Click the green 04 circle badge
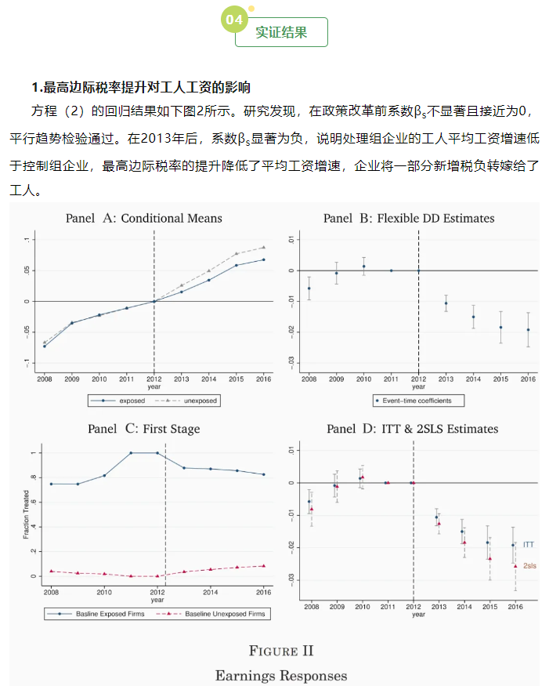pos(234,20)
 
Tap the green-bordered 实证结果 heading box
pos(281,32)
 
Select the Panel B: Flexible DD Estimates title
pos(408,218)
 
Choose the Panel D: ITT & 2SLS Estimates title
pos(412,429)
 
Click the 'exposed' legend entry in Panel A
pos(125,401)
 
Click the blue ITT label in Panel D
pos(529,543)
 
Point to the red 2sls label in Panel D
pos(529,565)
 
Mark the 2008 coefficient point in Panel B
pos(309,288)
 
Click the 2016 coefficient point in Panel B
pos(528,330)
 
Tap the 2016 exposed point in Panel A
pos(263,259)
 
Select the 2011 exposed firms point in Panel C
pos(131,453)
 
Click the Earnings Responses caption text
pos(280,675)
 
